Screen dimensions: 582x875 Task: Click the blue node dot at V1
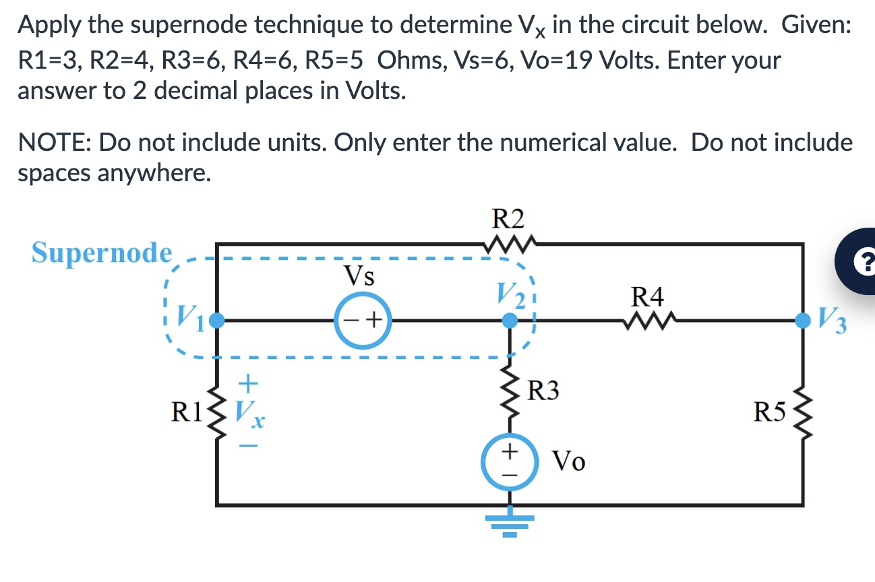(216, 321)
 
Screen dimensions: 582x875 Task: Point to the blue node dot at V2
(510, 321)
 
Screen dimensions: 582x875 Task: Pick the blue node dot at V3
(802, 321)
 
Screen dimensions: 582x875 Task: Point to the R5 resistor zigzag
(802, 412)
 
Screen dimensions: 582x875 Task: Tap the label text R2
(508, 220)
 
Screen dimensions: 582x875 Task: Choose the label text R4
(647, 296)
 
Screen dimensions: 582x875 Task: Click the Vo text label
(569, 461)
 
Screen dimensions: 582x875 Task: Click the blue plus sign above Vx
(248, 383)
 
